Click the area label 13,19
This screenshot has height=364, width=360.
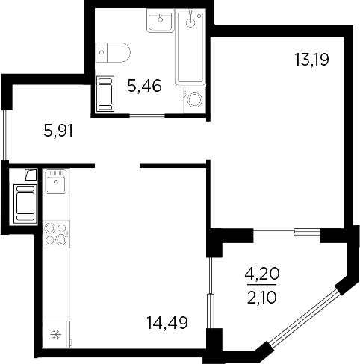tap(313, 58)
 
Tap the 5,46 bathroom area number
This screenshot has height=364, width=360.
tap(144, 87)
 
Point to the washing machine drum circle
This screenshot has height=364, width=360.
tap(196, 99)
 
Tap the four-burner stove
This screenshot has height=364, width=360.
tap(55, 233)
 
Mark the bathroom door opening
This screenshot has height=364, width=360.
tap(147, 115)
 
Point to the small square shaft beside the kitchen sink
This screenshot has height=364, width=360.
tap(29, 175)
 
